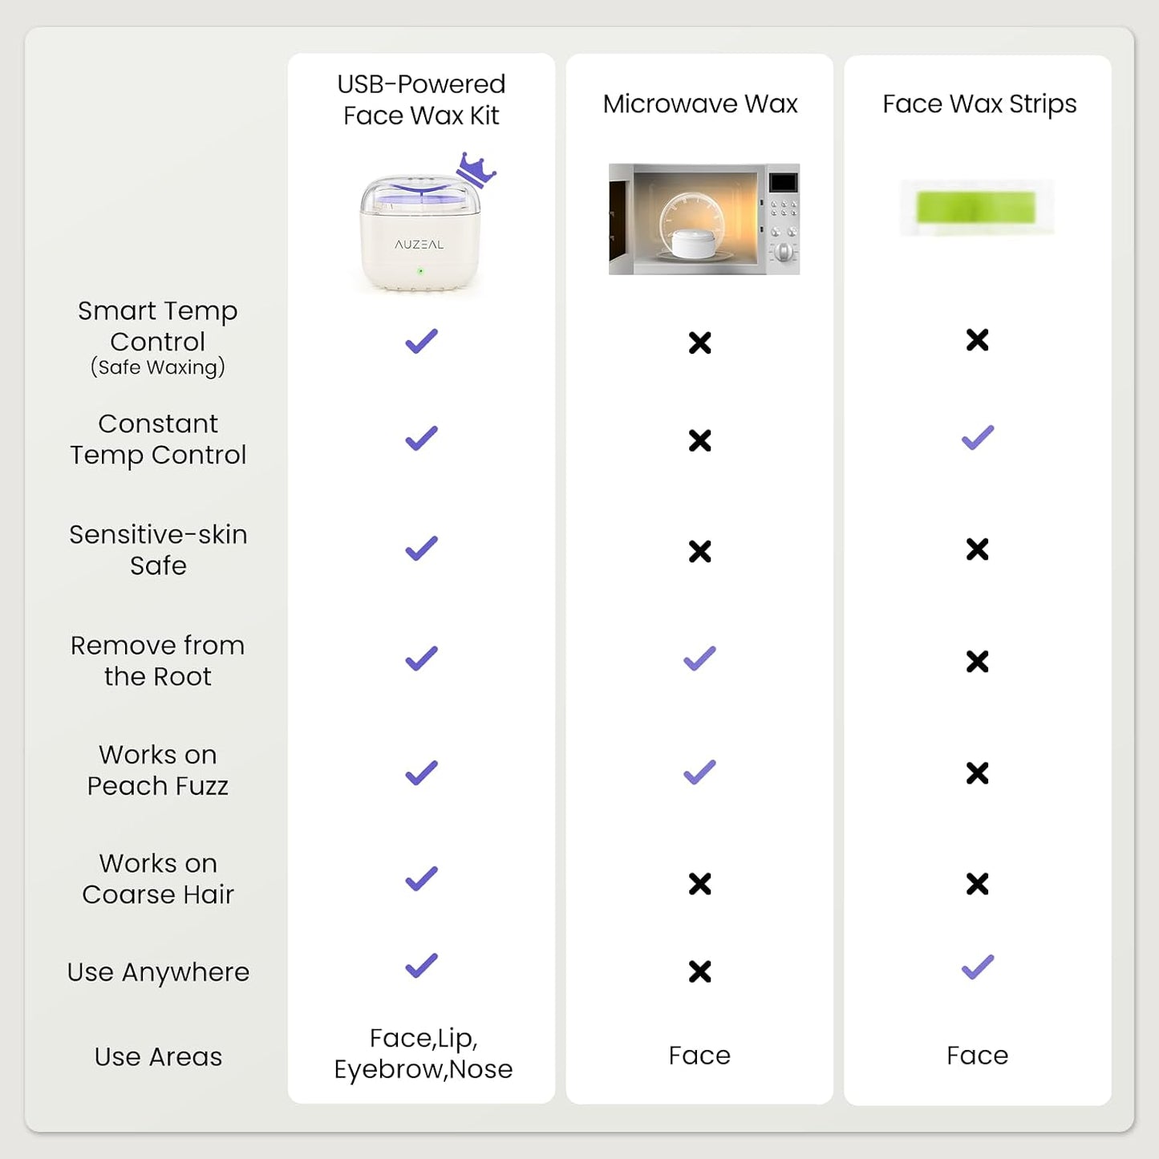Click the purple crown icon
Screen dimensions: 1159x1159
[476, 169]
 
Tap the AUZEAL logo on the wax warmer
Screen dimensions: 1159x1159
[419, 244]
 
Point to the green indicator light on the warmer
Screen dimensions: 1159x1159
[420, 271]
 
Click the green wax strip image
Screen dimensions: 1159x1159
[976, 207]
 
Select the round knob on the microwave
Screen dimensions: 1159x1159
[783, 251]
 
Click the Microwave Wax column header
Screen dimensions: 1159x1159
[700, 104]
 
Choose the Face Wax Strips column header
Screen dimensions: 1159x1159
[979, 104]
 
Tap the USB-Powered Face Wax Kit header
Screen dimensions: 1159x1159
[421, 99]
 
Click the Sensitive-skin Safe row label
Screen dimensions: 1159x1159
[158, 549]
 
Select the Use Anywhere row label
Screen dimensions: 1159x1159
[158, 972]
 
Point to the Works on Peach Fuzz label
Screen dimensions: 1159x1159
[158, 770]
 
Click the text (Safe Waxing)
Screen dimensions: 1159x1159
[158, 367]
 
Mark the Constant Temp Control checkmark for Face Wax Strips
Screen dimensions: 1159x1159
[978, 437]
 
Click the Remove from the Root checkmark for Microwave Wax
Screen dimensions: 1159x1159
[699, 658]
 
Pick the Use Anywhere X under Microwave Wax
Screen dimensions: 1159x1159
[700, 971]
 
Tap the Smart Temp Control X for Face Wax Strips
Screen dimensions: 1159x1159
[978, 340]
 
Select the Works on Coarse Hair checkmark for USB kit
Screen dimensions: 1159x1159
[422, 878]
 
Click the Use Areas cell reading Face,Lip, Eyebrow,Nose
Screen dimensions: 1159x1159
[423, 1054]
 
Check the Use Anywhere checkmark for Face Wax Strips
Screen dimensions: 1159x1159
[978, 967]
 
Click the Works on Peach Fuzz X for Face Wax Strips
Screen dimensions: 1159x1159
[978, 773]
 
